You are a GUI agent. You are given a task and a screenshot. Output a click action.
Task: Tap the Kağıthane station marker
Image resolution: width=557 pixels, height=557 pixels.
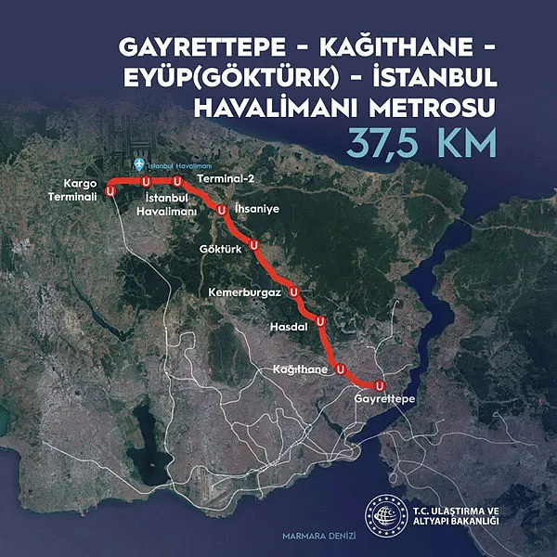coord(341,369)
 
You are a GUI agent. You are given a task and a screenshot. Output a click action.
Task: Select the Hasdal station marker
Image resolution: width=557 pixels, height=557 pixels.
coord(320,321)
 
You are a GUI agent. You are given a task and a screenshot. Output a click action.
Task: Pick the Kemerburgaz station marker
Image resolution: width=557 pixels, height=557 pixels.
coord(294,291)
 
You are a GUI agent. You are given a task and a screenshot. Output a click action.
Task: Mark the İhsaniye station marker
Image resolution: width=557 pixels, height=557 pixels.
coord(222,211)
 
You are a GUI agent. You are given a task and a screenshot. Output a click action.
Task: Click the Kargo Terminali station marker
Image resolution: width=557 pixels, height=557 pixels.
coord(111,189)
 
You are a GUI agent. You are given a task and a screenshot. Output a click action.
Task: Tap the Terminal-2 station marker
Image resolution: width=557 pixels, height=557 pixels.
coord(175,180)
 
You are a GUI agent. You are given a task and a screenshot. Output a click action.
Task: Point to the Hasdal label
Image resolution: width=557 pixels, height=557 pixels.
coord(287,328)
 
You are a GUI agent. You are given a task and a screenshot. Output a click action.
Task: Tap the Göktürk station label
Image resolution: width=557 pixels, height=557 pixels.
coord(220,251)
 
